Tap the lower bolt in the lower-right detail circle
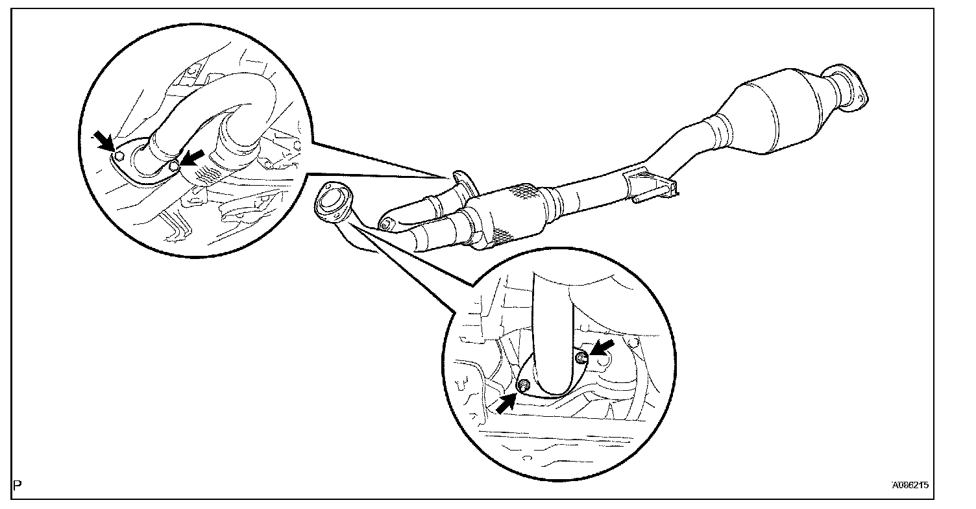click(x=522, y=388)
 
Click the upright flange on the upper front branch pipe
click(x=463, y=184)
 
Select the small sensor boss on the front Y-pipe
click(x=387, y=224)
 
